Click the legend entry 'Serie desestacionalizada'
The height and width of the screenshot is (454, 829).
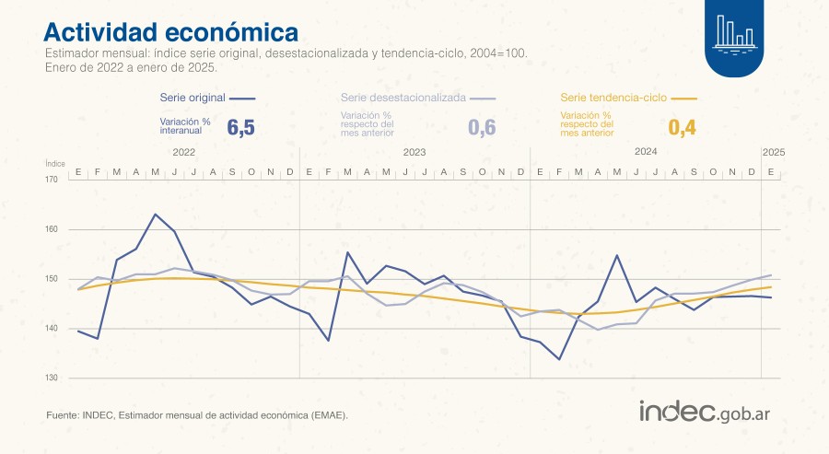[x=403, y=97]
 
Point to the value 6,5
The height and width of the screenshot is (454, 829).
[x=240, y=128]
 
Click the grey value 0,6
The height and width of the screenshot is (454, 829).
[x=482, y=128]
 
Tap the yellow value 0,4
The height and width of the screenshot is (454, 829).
[x=682, y=128]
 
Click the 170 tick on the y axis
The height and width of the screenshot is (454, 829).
[x=52, y=180]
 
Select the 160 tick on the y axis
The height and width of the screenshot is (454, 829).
[x=52, y=229]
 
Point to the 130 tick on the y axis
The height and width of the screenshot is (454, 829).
[x=52, y=378]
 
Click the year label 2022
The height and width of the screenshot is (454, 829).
[x=183, y=151]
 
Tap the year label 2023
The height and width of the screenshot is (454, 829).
[x=414, y=151]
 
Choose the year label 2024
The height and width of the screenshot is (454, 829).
[x=645, y=151]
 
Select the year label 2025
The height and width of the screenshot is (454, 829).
[x=772, y=151]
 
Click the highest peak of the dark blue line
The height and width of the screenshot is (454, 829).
[x=155, y=215]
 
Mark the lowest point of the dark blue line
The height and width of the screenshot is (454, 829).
[x=559, y=359]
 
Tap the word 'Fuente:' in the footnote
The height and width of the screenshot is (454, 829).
[x=62, y=415]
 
